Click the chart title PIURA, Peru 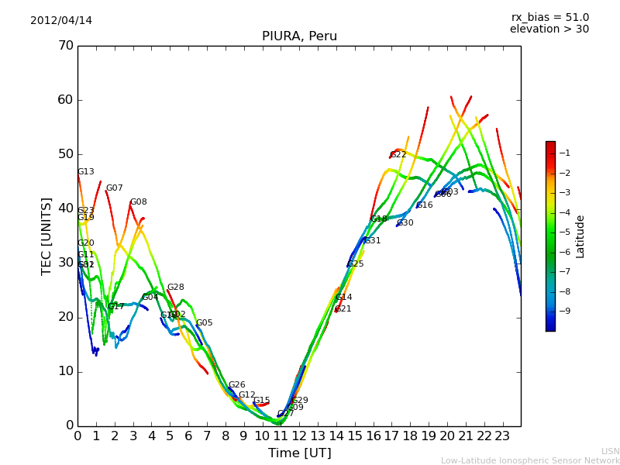click(299, 36)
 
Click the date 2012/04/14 click(61, 20)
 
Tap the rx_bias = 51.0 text click(549, 17)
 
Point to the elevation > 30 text click(549, 29)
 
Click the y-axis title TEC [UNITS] click(46, 236)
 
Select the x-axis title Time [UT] click(299, 453)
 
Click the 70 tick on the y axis click(65, 46)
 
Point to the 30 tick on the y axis click(65, 263)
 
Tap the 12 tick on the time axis click(299, 436)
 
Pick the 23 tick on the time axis click(502, 436)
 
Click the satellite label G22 click(398, 155)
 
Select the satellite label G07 click(115, 188)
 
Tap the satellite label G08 click(139, 202)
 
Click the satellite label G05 click(205, 323)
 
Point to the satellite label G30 click(405, 223)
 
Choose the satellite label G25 click(356, 264)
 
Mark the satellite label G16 click(425, 205)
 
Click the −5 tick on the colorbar click(567, 232)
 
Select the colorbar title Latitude click(580, 236)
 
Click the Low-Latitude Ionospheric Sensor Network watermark click(530, 460)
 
